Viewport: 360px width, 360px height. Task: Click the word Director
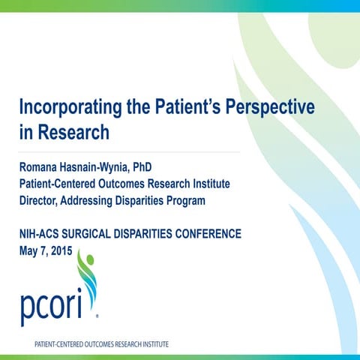[40, 200]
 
